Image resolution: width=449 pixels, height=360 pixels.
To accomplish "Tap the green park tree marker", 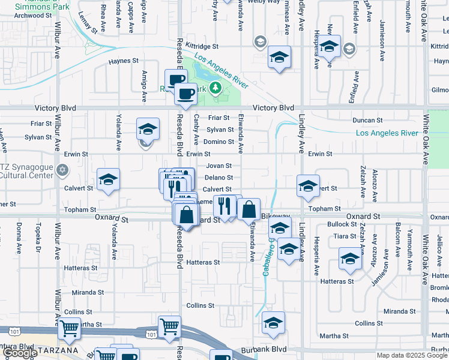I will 215,89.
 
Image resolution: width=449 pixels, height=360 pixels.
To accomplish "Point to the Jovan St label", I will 219,166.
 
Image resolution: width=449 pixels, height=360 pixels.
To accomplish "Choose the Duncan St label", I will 367,121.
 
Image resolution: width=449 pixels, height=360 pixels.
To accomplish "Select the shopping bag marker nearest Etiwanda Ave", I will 249,209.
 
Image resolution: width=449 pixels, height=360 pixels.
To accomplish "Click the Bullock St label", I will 343,224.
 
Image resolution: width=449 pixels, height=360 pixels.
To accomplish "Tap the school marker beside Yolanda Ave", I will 109,179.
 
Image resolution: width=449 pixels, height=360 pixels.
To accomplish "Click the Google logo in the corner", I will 20,353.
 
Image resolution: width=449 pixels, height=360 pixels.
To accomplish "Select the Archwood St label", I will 27,16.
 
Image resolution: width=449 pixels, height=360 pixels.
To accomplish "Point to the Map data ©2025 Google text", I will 412,355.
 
